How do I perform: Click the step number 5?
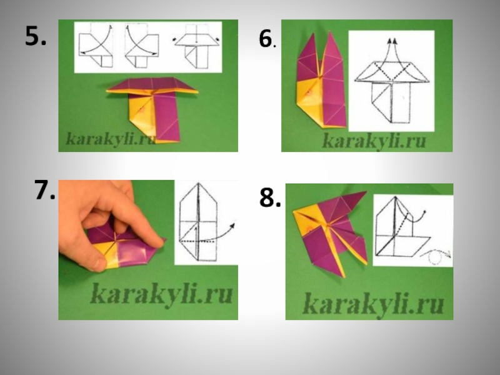pos(36,36)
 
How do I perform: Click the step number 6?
pos(266,39)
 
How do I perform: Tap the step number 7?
pos(44,190)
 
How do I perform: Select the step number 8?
pos(270,197)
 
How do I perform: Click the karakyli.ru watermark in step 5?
pos(111,139)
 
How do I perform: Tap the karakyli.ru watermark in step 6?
pos(374,141)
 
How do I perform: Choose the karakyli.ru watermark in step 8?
pos(373,304)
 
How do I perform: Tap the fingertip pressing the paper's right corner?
pos(159,243)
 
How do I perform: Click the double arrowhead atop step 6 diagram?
pos(392,41)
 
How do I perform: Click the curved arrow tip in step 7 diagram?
pos(232,225)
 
